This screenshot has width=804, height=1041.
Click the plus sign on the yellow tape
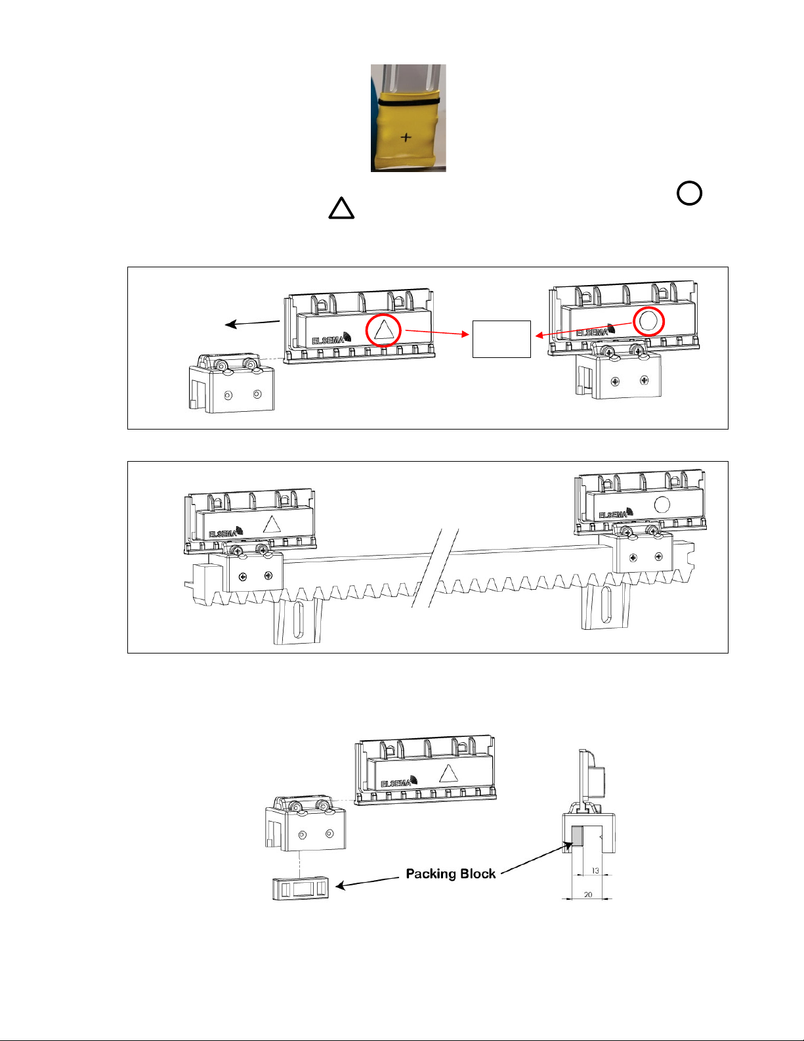click(406, 137)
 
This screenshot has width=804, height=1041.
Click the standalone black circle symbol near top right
click(689, 193)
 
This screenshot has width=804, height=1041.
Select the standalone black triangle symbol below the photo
click(341, 209)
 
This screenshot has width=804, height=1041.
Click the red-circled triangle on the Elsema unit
click(383, 330)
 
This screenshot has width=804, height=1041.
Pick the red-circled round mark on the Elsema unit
click(648, 321)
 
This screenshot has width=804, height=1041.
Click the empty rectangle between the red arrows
click(501, 339)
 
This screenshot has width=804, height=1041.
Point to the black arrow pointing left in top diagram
click(252, 323)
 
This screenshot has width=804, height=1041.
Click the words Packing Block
click(450, 874)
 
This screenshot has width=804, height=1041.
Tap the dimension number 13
click(595, 871)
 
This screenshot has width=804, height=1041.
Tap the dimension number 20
click(588, 895)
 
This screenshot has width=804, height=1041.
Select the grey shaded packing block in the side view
click(578, 835)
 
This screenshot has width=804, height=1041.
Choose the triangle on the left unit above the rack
click(271, 524)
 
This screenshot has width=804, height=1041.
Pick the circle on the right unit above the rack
click(662, 504)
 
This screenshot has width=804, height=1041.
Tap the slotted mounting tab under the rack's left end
click(298, 621)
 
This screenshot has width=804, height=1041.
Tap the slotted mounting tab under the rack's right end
click(606, 606)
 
